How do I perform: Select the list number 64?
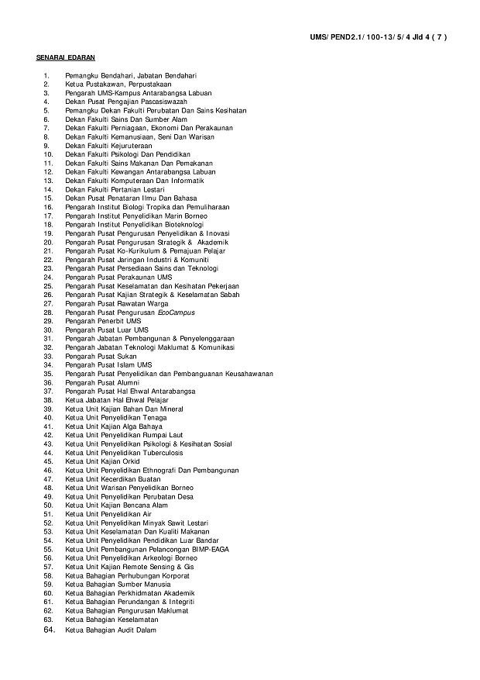pos(49,630)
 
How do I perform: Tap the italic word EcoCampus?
pos(176,312)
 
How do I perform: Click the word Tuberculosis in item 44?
pos(163,453)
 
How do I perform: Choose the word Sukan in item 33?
pos(125,356)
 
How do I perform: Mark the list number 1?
pos(46,75)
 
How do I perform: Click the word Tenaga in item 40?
pos(155,417)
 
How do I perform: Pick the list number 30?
pos(47,330)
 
